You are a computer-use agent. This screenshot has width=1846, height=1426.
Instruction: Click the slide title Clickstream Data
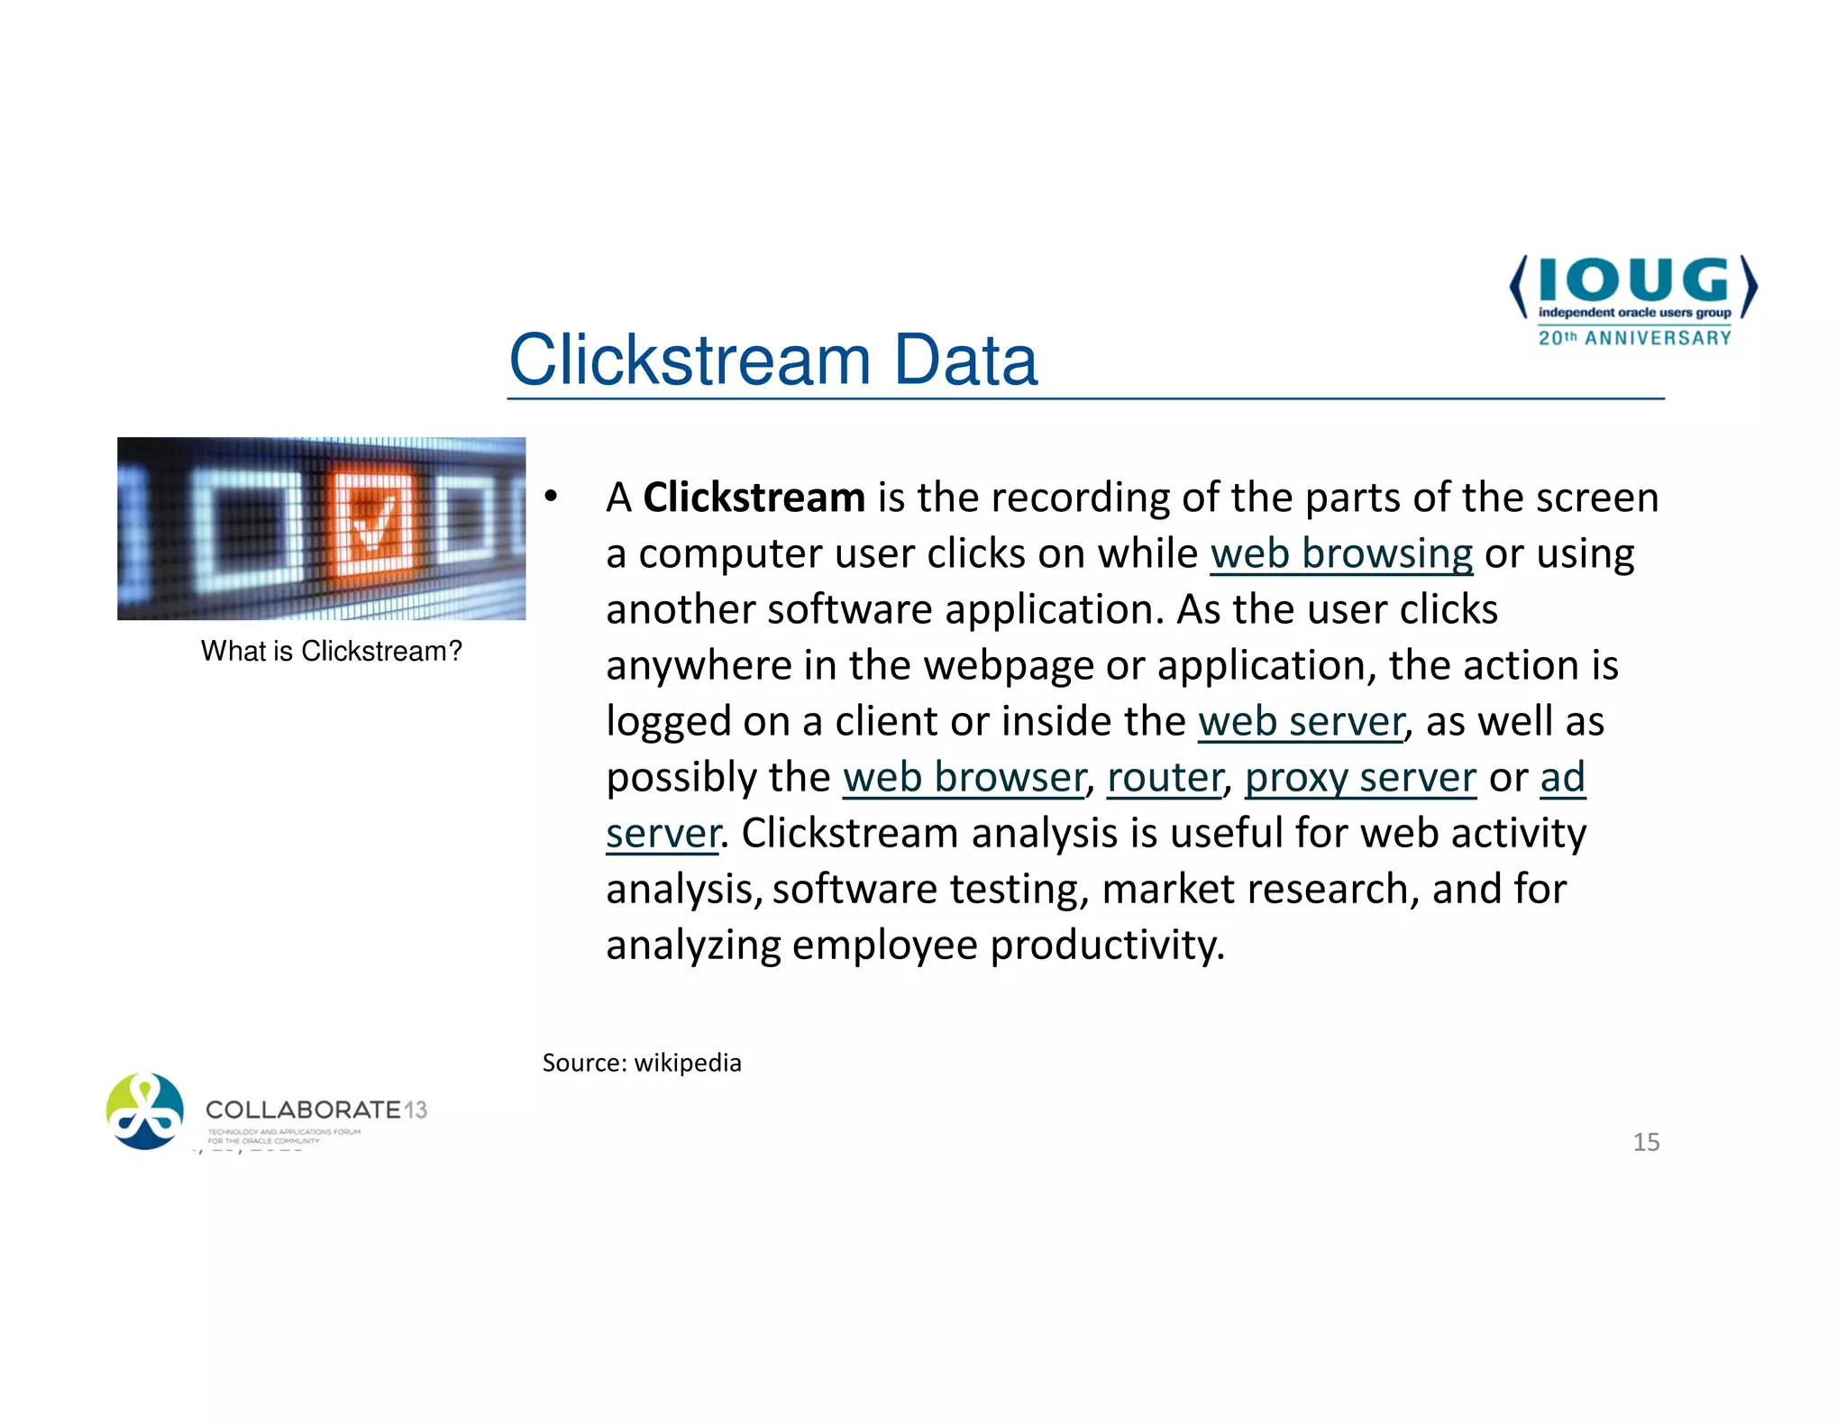coord(772,360)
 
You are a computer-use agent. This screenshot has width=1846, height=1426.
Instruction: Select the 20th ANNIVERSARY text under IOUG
coord(1634,338)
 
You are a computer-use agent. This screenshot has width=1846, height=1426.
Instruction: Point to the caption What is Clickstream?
coord(331,651)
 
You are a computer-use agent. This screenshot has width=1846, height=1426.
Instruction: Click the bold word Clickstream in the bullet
coord(754,498)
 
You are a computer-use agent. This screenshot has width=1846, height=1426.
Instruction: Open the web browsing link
coord(1341,553)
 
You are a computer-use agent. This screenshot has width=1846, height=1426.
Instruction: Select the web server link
coord(1301,721)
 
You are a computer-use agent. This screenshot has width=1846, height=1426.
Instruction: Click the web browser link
coord(964,777)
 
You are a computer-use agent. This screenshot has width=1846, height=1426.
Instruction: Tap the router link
coord(1165,777)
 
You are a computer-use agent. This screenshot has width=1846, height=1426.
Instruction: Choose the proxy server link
coord(1360,777)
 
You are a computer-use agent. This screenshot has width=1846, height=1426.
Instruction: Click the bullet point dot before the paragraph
coord(551,497)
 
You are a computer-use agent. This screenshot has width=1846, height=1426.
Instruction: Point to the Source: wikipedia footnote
coord(642,1063)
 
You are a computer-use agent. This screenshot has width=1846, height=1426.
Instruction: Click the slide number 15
coord(1646,1142)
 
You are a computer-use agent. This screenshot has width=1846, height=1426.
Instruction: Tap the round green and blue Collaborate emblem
coord(144,1111)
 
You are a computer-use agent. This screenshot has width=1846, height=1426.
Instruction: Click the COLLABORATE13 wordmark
coord(315,1110)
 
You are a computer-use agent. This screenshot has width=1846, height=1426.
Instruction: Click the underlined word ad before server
coord(1562,777)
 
